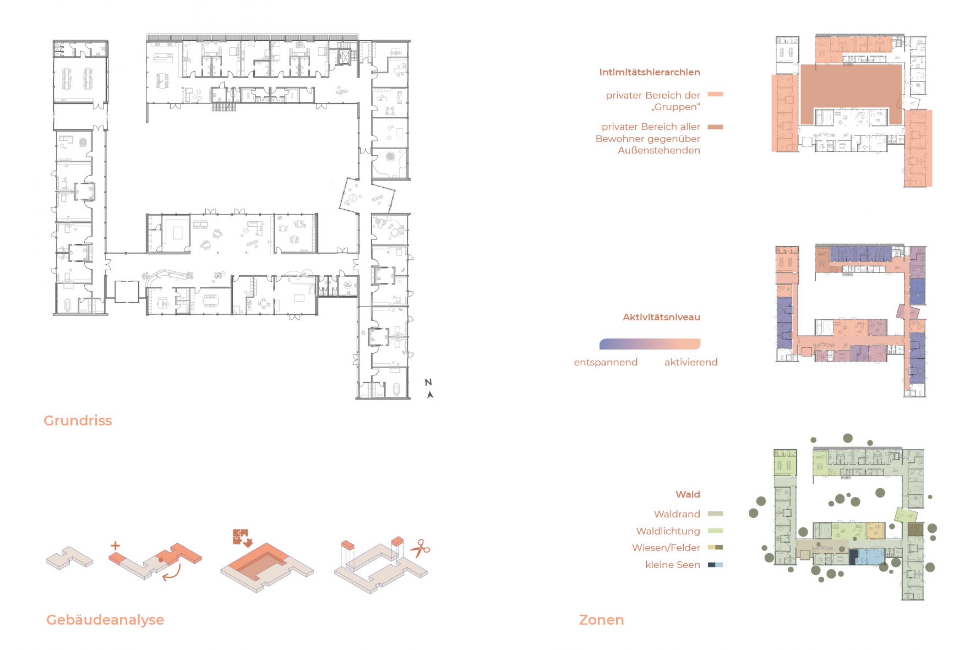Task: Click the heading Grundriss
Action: (x=78, y=421)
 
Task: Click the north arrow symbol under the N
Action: (x=430, y=395)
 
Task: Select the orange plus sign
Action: (x=115, y=546)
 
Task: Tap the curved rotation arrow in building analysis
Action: (x=173, y=572)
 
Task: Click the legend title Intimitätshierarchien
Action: (x=650, y=72)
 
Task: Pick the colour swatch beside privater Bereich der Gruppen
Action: (x=715, y=94)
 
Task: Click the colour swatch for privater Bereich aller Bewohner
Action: (x=715, y=127)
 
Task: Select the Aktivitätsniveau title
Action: (x=661, y=317)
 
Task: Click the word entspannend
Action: (x=606, y=362)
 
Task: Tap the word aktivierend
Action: (x=690, y=362)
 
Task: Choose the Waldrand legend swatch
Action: (x=715, y=514)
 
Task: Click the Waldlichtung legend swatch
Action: (x=715, y=530)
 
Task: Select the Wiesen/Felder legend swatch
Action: (x=715, y=548)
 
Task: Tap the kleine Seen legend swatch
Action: (x=715, y=565)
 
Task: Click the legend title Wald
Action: (x=688, y=494)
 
